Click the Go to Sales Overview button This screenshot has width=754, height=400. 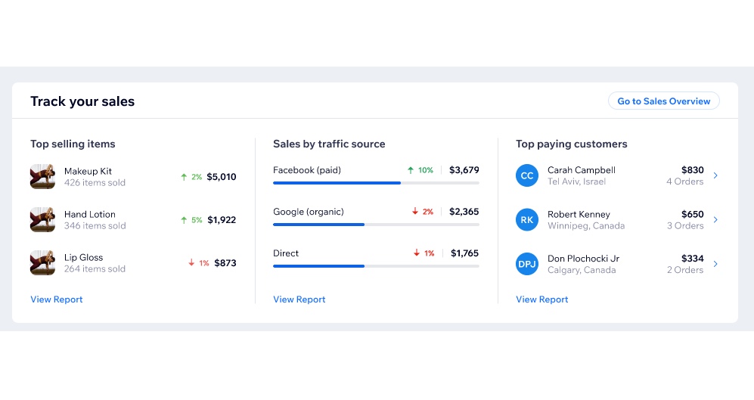pyautogui.click(x=663, y=101)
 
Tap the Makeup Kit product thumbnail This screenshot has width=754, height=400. pyautogui.click(x=42, y=176)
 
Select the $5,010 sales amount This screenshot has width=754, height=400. pyautogui.click(x=221, y=177)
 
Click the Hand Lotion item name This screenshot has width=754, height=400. pyautogui.click(x=90, y=215)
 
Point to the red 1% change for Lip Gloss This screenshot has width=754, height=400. pyautogui.click(x=199, y=263)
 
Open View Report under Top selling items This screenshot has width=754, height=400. pyautogui.click(x=56, y=299)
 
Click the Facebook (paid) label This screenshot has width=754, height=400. pyautogui.click(x=307, y=170)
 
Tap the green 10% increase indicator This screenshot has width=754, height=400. pyautogui.click(x=420, y=170)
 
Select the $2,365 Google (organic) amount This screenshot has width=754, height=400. pyautogui.click(x=464, y=212)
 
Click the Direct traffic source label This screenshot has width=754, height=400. pyautogui.click(x=286, y=253)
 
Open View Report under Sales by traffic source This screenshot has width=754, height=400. pyautogui.click(x=299, y=299)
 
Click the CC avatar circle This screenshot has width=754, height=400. pyautogui.click(x=527, y=175)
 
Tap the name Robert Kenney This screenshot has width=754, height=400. pyautogui.click(x=579, y=215)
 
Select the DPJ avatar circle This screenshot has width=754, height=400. pyautogui.click(x=527, y=264)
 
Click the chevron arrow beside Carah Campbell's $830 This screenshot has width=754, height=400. pyautogui.click(x=715, y=175)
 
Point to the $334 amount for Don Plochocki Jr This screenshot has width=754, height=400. pyautogui.click(x=693, y=259)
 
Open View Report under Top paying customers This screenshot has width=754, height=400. pyautogui.click(x=542, y=299)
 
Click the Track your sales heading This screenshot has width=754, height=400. pyautogui.click(x=82, y=101)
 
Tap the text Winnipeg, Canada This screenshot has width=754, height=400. pyautogui.click(x=586, y=226)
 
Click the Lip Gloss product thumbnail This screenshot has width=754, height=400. pyautogui.click(x=42, y=262)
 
